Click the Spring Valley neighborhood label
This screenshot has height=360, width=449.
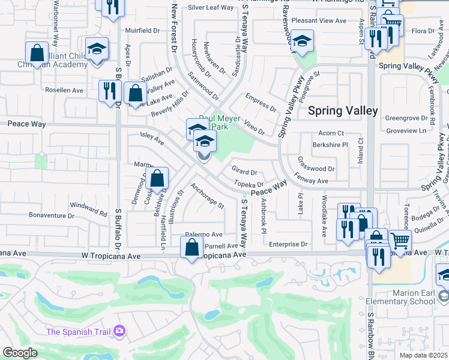click(343, 110)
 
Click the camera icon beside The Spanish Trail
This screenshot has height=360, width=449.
click(119, 331)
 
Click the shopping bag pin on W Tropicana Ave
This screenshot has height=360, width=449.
click(191, 247)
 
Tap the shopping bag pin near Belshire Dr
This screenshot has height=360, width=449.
click(157, 178)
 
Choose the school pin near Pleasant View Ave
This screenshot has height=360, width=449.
click(303, 41)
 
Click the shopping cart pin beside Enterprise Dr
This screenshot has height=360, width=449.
click(400, 241)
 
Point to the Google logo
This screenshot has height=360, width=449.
click(20, 353)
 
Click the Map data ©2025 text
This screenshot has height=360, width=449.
click(421, 355)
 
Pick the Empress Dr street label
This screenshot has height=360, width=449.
click(261, 103)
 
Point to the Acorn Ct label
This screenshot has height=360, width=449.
click(331, 133)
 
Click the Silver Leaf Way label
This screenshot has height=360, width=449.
click(211, 7)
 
